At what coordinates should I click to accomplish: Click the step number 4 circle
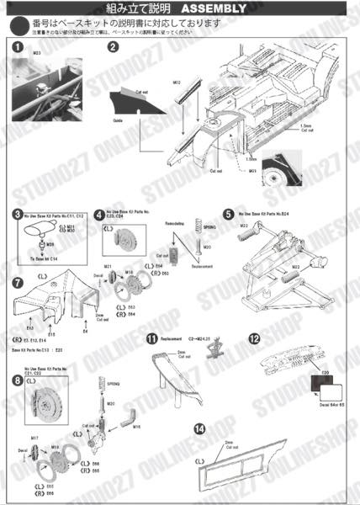(x=98, y=215)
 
